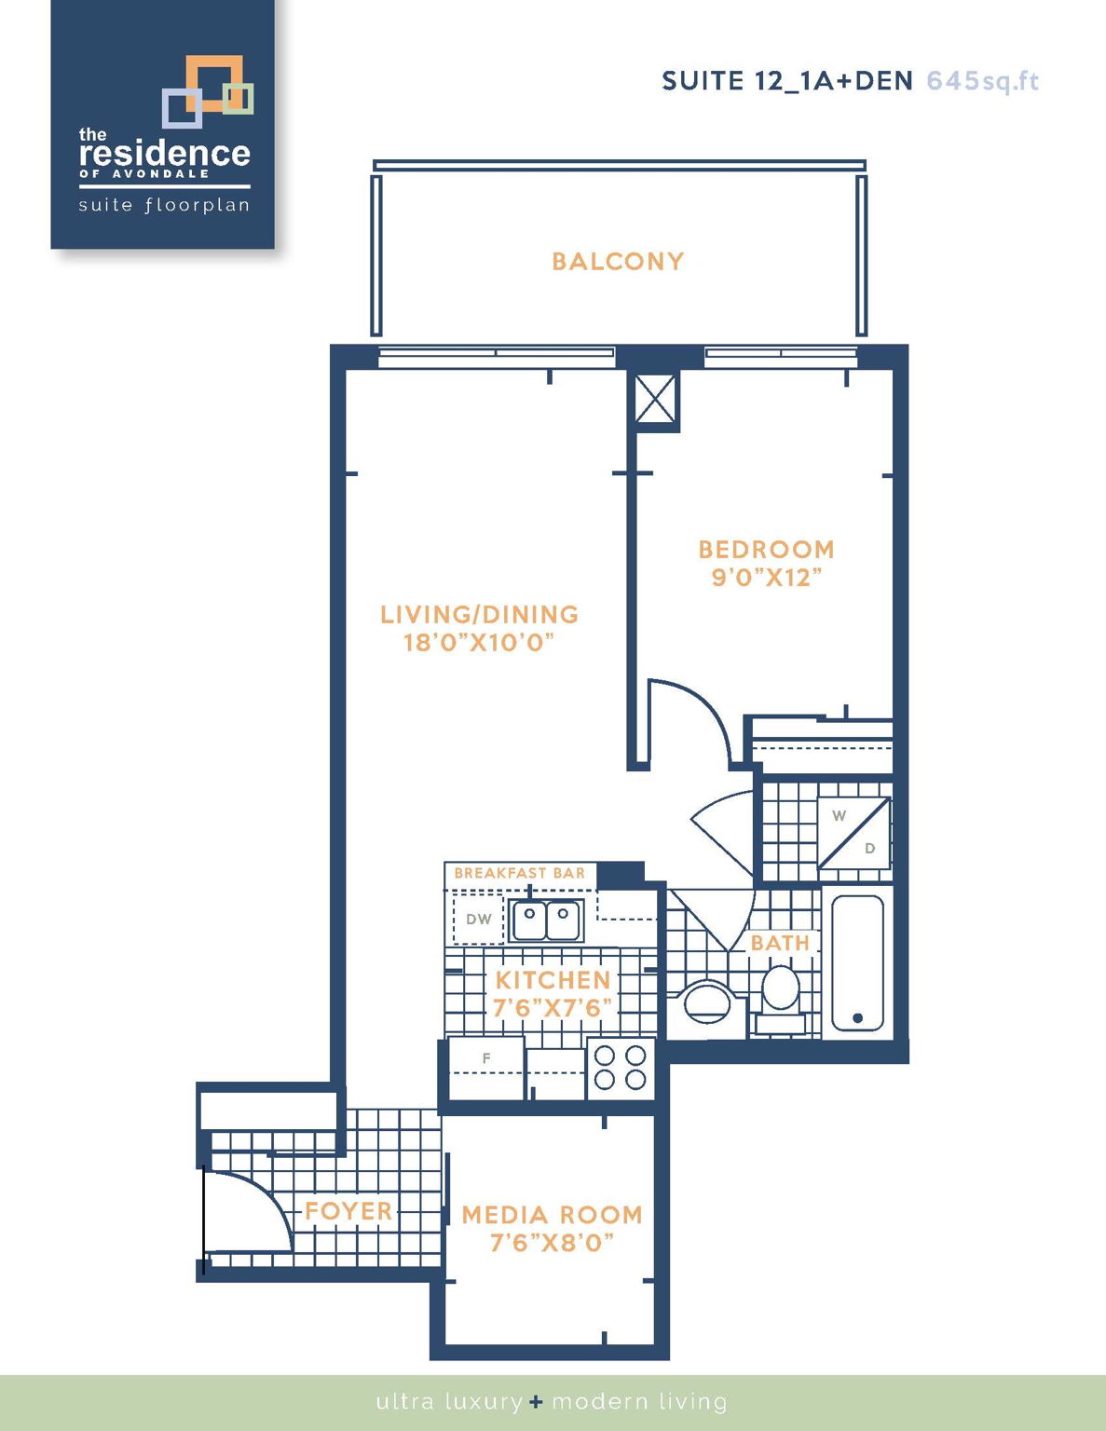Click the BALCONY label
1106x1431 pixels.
pyautogui.click(x=618, y=262)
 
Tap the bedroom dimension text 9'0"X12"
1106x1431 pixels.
pyautogui.click(x=766, y=578)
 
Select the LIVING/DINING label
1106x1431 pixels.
pyautogui.click(x=479, y=615)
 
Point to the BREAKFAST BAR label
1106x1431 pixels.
pyautogui.click(x=519, y=873)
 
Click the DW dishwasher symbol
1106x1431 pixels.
pyautogui.click(x=478, y=920)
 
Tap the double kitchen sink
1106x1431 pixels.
pyautogui.click(x=546, y=920)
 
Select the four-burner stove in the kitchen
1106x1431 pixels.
pyautogui.click(x=621, y=1068)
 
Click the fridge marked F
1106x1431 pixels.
pyautogui.click(x=485, y=1067)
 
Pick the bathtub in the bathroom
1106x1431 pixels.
pyautogui.click(x=857, y=963)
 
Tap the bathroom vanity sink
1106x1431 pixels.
pyautogui.click(x=706, y=1004)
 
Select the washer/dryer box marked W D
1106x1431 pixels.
pyautogui.click(x=853, y=832)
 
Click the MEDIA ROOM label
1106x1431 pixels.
pyautogui.click(x=552, y=1215)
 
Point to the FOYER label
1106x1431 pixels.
pyautogui.click(x=348, y=1211)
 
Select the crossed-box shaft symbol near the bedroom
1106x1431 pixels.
pyautogui.click(x=655, y=400)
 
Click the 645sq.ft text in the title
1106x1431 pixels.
pyautogui.click(x=982, y=81)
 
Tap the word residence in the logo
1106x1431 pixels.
pyautogui.click(x=165, y=153)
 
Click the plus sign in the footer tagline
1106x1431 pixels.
pyautogui.click(x=536, y=1401)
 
